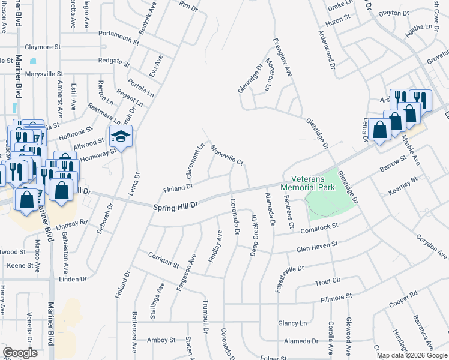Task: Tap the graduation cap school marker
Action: [121, 137]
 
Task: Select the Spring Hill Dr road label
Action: [176, 206]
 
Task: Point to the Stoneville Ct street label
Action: [227, 154]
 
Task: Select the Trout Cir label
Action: [328, 280]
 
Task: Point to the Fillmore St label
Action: [336, 298]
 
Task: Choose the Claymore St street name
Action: [43, 46]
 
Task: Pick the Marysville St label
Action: [43, 74]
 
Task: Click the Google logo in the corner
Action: [20, 353]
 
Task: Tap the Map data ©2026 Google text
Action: [412, 355]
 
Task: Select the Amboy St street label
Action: [161, 340]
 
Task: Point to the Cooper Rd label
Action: [403, 302]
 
